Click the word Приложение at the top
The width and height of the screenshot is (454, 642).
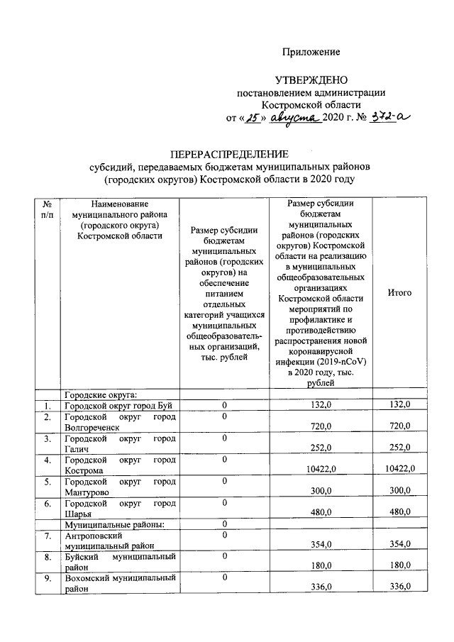coord(311,52)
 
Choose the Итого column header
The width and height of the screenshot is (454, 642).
coord(400,293)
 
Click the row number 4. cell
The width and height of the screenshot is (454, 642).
coord(47,460)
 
